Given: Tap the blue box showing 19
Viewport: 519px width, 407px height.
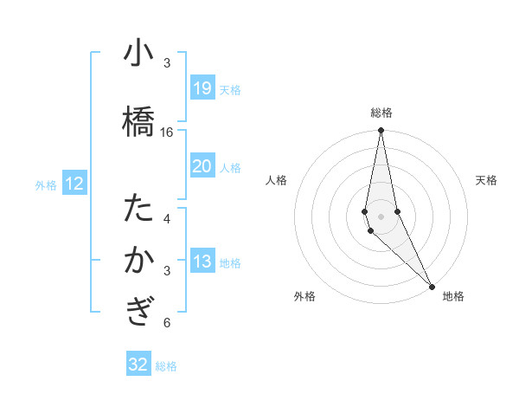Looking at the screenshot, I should tap(202, 88).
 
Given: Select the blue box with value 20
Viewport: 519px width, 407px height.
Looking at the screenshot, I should tap(202, 166).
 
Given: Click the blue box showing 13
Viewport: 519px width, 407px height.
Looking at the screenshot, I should tap(202, 262).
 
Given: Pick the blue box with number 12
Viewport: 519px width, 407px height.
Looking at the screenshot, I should tap(74, 184).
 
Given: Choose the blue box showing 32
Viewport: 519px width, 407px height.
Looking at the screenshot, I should tap(138, 365).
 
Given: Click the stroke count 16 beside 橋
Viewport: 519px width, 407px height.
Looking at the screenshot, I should tap(167, 132).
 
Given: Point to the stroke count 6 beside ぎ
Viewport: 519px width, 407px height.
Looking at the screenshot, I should tap(167, 323).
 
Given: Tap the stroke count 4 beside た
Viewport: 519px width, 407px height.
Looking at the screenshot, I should tap(167, 218).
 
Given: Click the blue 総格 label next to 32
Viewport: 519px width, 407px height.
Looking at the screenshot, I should tap(166, 366).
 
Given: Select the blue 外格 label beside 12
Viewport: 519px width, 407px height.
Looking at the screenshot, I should tap(46, 184).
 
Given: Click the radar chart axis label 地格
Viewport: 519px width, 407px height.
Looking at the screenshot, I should tap(453, 296).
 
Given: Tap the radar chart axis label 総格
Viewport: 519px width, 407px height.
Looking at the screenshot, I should tap(381, 113).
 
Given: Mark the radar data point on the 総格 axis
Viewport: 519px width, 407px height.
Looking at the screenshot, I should tap(381, 131).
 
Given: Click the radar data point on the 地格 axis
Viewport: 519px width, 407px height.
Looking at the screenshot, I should tap(432, 285).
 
